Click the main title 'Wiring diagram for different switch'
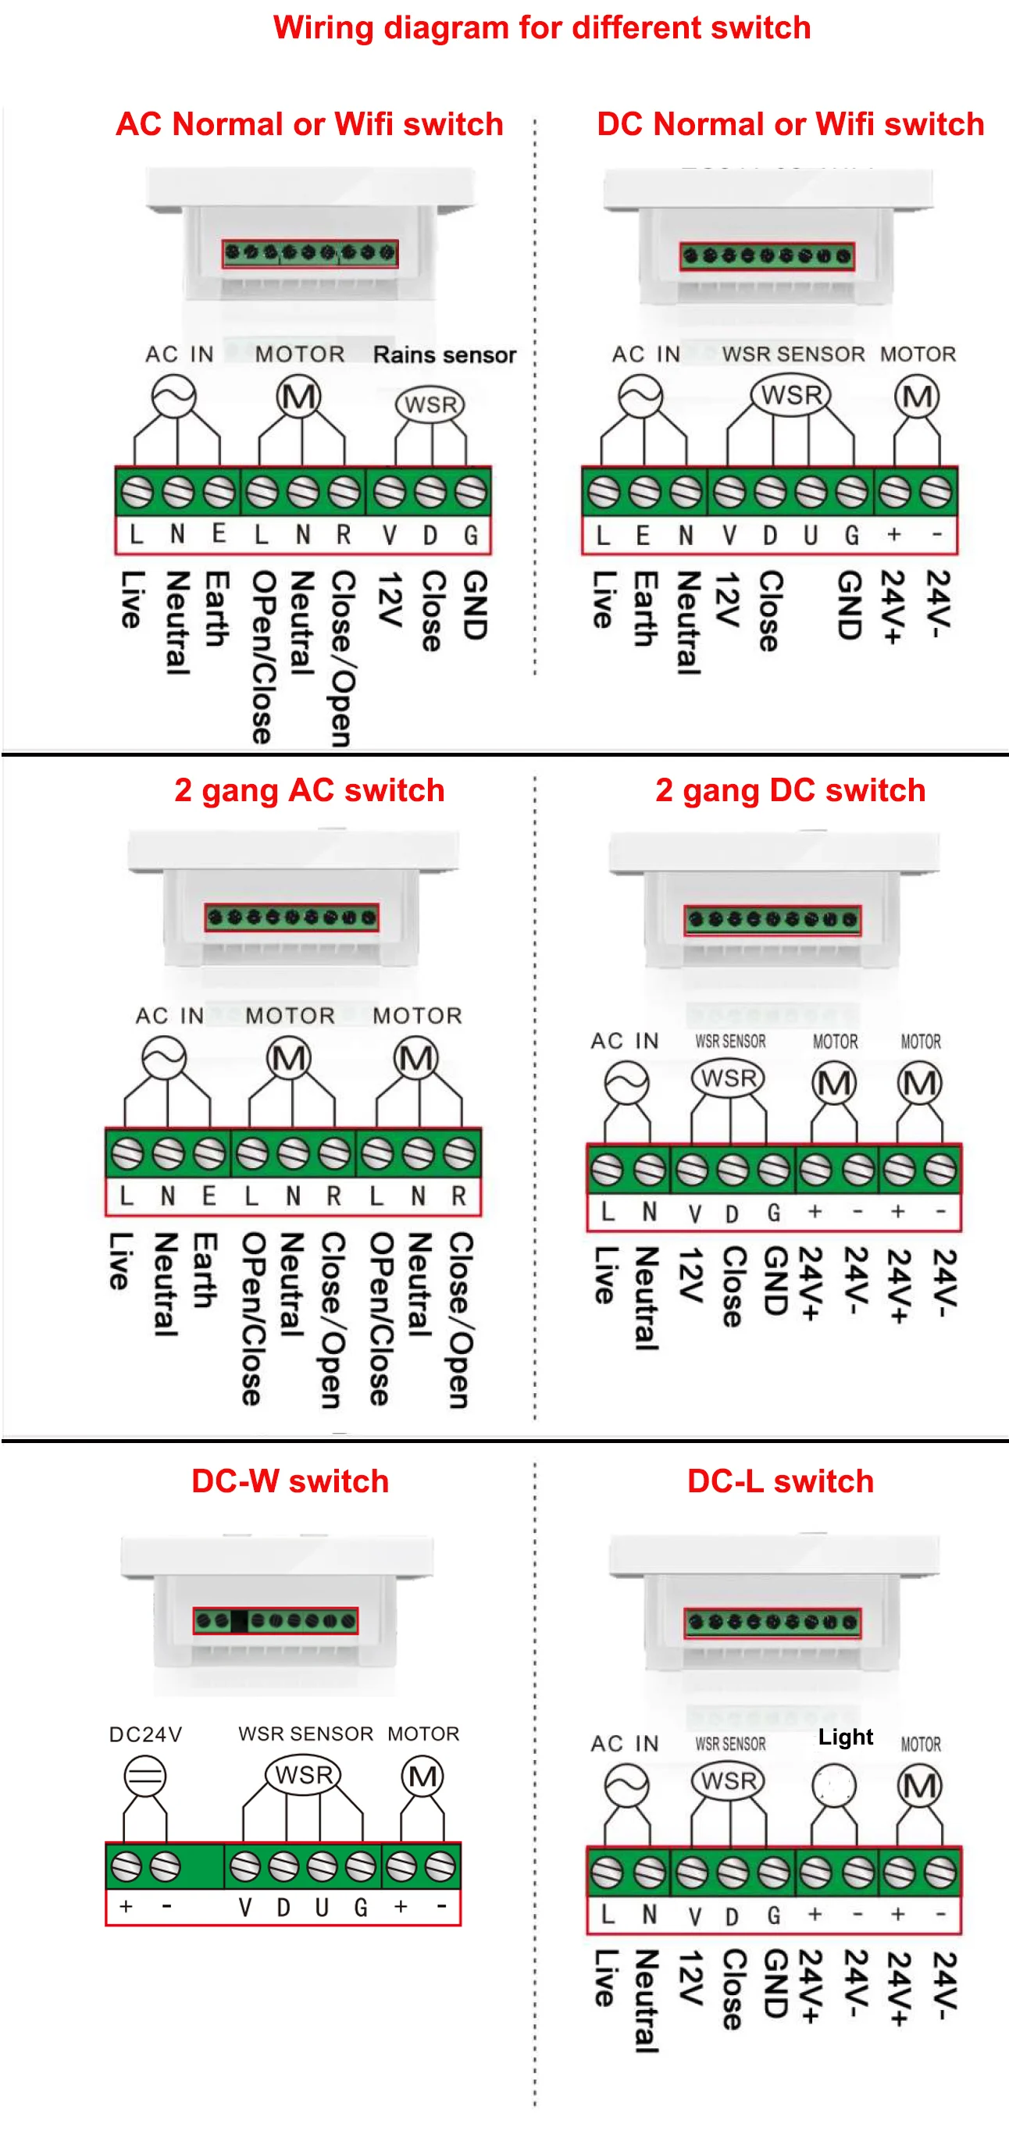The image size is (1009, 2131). (542, 28)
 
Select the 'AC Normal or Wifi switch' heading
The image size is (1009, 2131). (309, 124)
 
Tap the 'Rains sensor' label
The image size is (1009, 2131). (444, 355)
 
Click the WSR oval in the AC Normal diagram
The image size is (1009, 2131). (430, 404)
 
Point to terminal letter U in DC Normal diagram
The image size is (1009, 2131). (811, 535)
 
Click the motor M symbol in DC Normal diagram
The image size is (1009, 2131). (917, 397)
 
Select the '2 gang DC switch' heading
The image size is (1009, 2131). (790, 790)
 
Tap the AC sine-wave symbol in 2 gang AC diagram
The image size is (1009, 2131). (164, 1058)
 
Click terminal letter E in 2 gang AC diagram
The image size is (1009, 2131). (209, 1196)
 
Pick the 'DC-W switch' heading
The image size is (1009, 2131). (290, 1481)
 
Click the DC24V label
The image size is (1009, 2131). (145, 1734)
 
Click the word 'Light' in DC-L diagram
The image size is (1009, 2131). (845, 1737)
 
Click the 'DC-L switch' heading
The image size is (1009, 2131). (780, 1481)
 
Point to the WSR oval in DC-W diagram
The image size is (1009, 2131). (304, 1774)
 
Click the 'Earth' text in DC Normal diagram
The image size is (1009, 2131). (644, 608)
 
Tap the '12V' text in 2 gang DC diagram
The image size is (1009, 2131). (689, 1274)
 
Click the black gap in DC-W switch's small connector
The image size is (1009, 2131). (240, 1620)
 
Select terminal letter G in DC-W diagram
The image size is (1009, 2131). (361, 1907)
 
